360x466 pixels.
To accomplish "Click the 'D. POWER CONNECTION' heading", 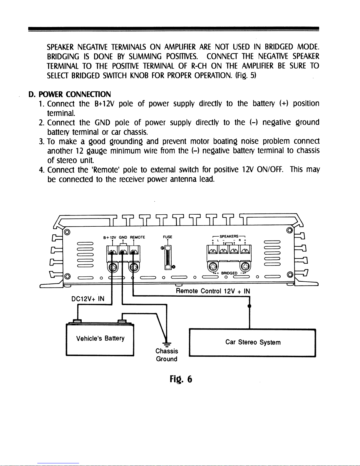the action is (70, 94).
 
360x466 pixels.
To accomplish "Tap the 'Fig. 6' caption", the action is (181, 379).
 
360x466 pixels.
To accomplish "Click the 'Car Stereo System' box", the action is (252, 343).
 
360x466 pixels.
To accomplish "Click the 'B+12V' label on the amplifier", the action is (110, 237).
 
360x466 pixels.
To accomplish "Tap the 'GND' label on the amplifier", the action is (123, 237).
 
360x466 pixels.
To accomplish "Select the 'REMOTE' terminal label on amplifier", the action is (138, 237).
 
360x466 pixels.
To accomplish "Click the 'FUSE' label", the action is (168, 237).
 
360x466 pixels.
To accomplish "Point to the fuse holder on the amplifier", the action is (168, 257).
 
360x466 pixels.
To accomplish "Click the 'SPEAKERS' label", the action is (229, 236).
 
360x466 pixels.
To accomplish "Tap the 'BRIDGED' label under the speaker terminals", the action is (229, 273).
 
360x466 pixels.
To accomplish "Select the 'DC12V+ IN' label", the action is (88, 299).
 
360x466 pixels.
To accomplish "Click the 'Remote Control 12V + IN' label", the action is (213, 291).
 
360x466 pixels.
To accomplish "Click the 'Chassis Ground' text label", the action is (167, 355).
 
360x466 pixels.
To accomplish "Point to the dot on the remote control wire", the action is (249, 306).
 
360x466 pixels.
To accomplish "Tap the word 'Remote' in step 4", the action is (105, 170).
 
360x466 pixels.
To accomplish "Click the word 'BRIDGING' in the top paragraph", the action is (63, 57).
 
